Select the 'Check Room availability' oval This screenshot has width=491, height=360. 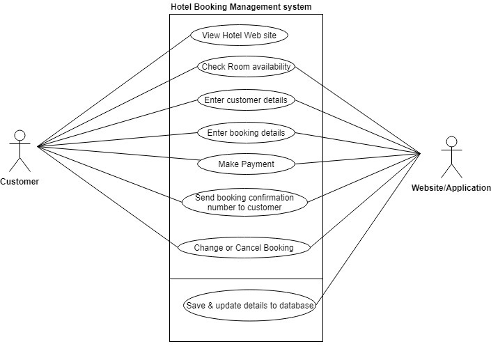[245, 67]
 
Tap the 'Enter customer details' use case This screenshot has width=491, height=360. [245, 100]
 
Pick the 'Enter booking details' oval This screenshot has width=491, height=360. [245, 132]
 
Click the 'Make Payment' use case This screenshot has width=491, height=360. [245, 164]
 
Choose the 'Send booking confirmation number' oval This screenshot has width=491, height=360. [244, 202]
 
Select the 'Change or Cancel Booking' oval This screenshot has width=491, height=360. [244, 247]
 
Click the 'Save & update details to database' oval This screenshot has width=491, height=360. [249, 306]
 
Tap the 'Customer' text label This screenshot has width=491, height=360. [20, 182]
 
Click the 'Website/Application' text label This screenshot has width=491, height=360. [451, 188]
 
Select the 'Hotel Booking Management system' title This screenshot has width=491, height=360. [241, 7]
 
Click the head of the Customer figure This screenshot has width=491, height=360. [20, 135]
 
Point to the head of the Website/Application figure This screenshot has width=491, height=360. [451, 141]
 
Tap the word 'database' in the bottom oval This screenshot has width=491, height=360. [296, 306]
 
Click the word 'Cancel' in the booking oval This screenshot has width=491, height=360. [246, 247]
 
